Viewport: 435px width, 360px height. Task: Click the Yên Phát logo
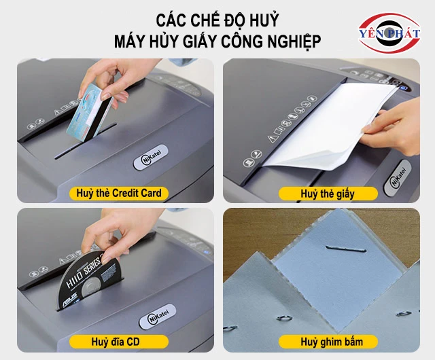[389, 33]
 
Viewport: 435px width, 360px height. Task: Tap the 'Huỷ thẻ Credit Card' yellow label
[119, 194]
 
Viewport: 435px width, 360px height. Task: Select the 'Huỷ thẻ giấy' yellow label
[328, 194]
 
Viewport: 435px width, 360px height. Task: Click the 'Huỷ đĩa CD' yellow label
[119, 342]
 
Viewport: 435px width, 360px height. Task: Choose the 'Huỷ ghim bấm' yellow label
[328, 342]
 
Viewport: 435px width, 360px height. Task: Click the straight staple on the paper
[346, 249]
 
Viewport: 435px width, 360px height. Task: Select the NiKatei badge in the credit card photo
[151, 157]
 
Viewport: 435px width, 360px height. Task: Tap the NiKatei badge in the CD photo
[157, 317]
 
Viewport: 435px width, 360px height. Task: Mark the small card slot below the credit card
[86, 141]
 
